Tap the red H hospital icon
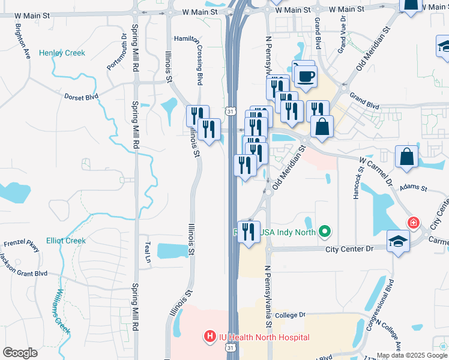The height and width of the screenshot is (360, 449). (209, 337)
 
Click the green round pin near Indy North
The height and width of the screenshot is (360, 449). (325, 230)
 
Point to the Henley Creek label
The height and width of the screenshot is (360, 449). (62, 53)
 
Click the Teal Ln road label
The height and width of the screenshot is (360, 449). (148, 253)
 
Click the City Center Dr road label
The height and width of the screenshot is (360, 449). (350, 249)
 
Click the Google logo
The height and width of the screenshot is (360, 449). (20, 353)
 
